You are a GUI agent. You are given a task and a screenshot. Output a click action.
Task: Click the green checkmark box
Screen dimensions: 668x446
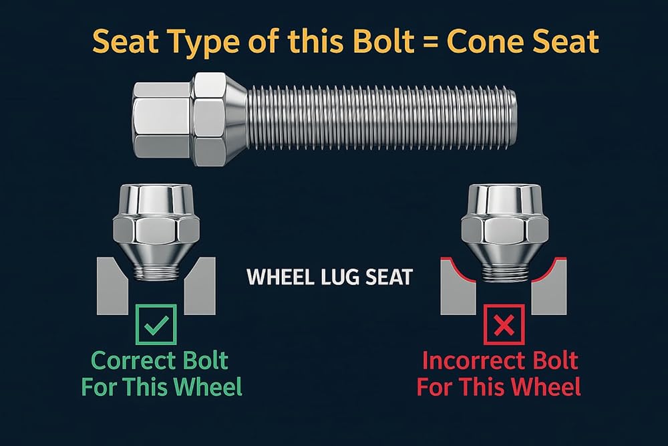tap(156, 324)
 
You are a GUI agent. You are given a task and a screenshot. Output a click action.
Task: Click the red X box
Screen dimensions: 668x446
tap(504, 324)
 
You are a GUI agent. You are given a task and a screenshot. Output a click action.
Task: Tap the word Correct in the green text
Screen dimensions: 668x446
tap(134, 360)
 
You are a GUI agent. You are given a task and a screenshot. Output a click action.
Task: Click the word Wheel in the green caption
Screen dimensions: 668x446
tap(208, 387)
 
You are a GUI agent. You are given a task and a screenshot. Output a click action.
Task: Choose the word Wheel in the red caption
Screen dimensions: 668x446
tap(546, 387)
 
